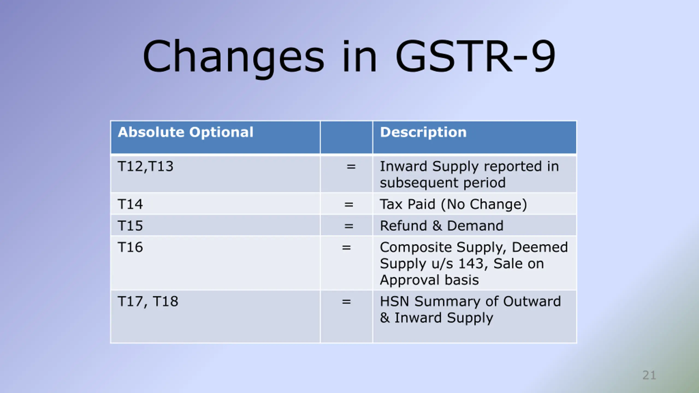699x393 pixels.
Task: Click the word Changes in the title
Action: tap(233, 57)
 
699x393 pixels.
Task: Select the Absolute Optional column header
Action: tap(186, 132)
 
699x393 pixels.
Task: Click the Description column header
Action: tap(423, 132)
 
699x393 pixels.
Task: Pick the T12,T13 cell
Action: tap(146, 166)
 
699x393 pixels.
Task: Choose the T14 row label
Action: tap(130, 204)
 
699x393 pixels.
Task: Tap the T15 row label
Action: tap(130, 226)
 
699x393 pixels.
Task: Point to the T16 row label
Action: tap(130, 247)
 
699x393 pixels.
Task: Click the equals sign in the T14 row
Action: tap(349, 204)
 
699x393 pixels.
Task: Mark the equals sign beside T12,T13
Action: tap(351, 166)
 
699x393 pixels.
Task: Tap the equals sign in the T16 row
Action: tap(346, 248)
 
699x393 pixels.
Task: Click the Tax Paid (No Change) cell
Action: tap(453, 204)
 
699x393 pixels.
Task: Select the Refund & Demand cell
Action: tap(442, 226)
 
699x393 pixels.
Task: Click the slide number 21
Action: tap(649, 375)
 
